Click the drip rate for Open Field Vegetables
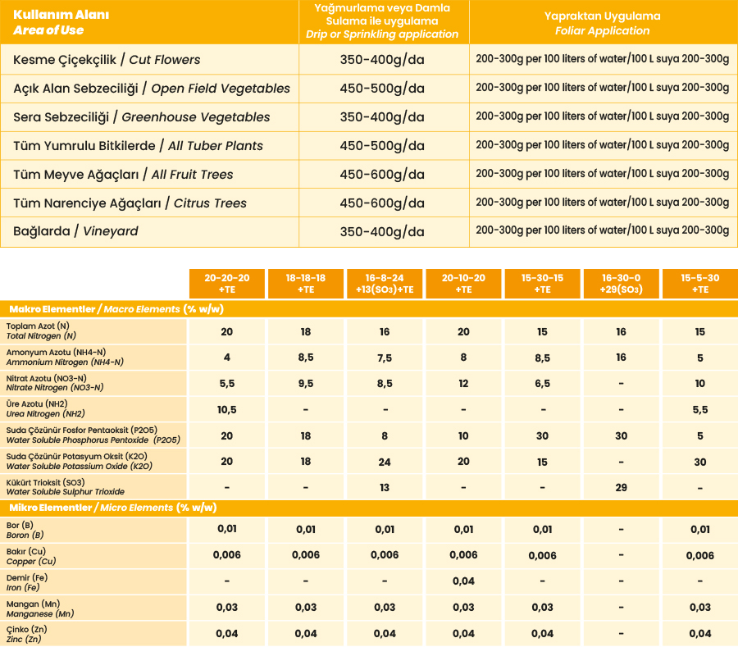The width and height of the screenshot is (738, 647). [x=382, y=89]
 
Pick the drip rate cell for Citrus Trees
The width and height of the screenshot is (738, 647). [x=382, y=203]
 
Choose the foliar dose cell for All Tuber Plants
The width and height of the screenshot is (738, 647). [x=602, y=145]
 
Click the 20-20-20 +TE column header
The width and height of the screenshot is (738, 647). [x=227, y=284]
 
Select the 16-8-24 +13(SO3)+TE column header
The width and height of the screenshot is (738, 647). [x=385, y=284]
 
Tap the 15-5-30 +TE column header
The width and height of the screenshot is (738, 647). [x=699, y=284]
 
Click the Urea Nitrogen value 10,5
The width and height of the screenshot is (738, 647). [x=227, y=409]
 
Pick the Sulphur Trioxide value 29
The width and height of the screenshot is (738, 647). [x=621, y=488]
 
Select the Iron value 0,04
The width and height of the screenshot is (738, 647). [x=463, y=581]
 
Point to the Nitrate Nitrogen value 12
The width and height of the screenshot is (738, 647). [x=463, y=383]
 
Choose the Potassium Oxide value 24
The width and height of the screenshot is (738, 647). [x=385, y=462]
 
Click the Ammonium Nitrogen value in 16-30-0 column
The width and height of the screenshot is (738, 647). [x=621, y=358]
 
